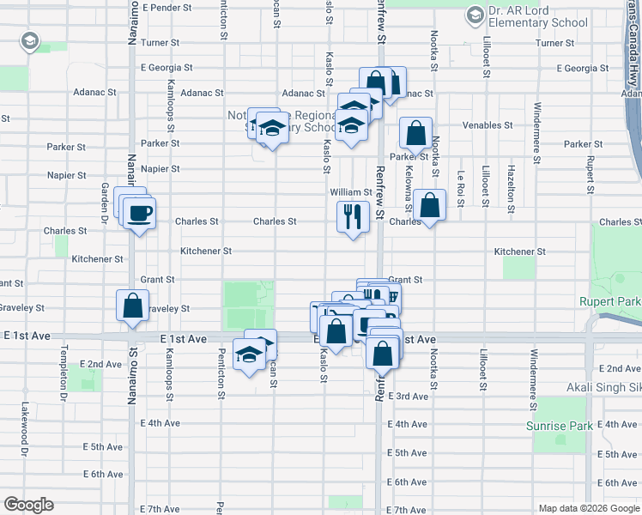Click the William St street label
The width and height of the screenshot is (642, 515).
[351, 193]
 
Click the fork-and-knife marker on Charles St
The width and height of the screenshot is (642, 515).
[352, 217]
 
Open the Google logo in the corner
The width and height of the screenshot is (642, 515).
[28, 505]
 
